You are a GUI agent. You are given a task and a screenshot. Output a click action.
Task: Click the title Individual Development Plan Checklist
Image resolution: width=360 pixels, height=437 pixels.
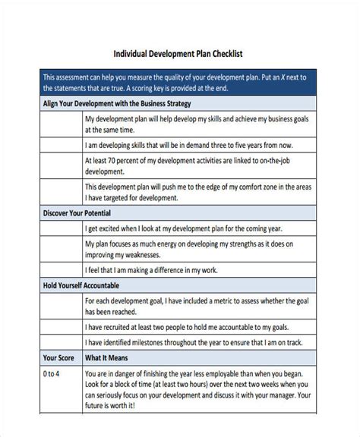(178, 55)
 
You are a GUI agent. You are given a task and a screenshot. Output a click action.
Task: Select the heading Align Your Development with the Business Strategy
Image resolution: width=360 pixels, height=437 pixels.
(118, 103)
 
